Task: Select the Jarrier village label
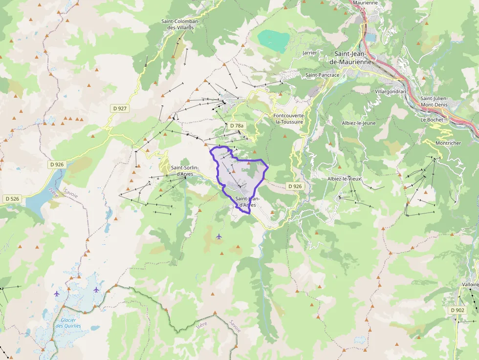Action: (310, 52)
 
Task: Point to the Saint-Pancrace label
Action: (322, 75)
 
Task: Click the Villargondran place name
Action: (390, 91)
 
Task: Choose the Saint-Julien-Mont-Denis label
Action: (437, 101)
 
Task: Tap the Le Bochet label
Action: (431, 119)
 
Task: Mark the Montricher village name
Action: (448, 143)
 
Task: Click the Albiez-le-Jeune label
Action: (359, 123)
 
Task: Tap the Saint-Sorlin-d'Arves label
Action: (184, 170)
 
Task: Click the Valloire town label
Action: (470, 284)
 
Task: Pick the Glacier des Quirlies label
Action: (68, 323)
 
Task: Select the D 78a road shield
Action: (236, 126)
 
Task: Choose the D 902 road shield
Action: (457, 310)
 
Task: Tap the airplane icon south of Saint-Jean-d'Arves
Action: (218, 236)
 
